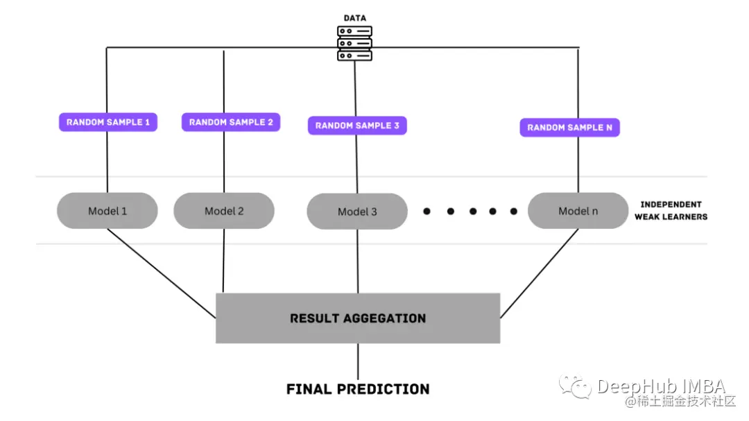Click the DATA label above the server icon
355,18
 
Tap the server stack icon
354,44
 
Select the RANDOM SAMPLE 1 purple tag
108,122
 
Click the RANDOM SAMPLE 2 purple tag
231,122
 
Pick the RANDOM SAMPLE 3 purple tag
357,126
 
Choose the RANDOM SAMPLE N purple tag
570,128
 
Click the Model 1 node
107,211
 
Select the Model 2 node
224,211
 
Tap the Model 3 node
357,212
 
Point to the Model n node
578,211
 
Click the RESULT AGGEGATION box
358,318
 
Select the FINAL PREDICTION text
358,389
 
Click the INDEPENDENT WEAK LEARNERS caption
671,211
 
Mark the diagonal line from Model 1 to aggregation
162,273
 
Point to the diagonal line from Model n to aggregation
540,273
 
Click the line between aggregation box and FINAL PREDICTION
358,362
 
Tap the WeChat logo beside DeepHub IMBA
576,386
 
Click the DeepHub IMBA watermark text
662,386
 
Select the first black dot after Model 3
427,212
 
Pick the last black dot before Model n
513,212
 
